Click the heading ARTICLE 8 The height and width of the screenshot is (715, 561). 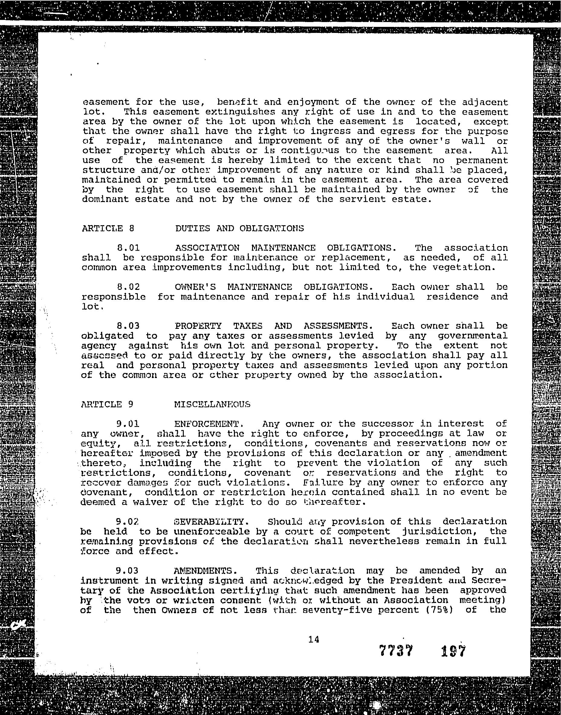(108, 228)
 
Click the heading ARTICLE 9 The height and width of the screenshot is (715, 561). (107, 404)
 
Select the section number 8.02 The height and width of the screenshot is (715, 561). (128, 287)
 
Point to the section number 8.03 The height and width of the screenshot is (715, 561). (128, 326)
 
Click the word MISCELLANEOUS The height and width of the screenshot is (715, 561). (212, 404)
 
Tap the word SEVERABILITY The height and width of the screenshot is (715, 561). (209, 522)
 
